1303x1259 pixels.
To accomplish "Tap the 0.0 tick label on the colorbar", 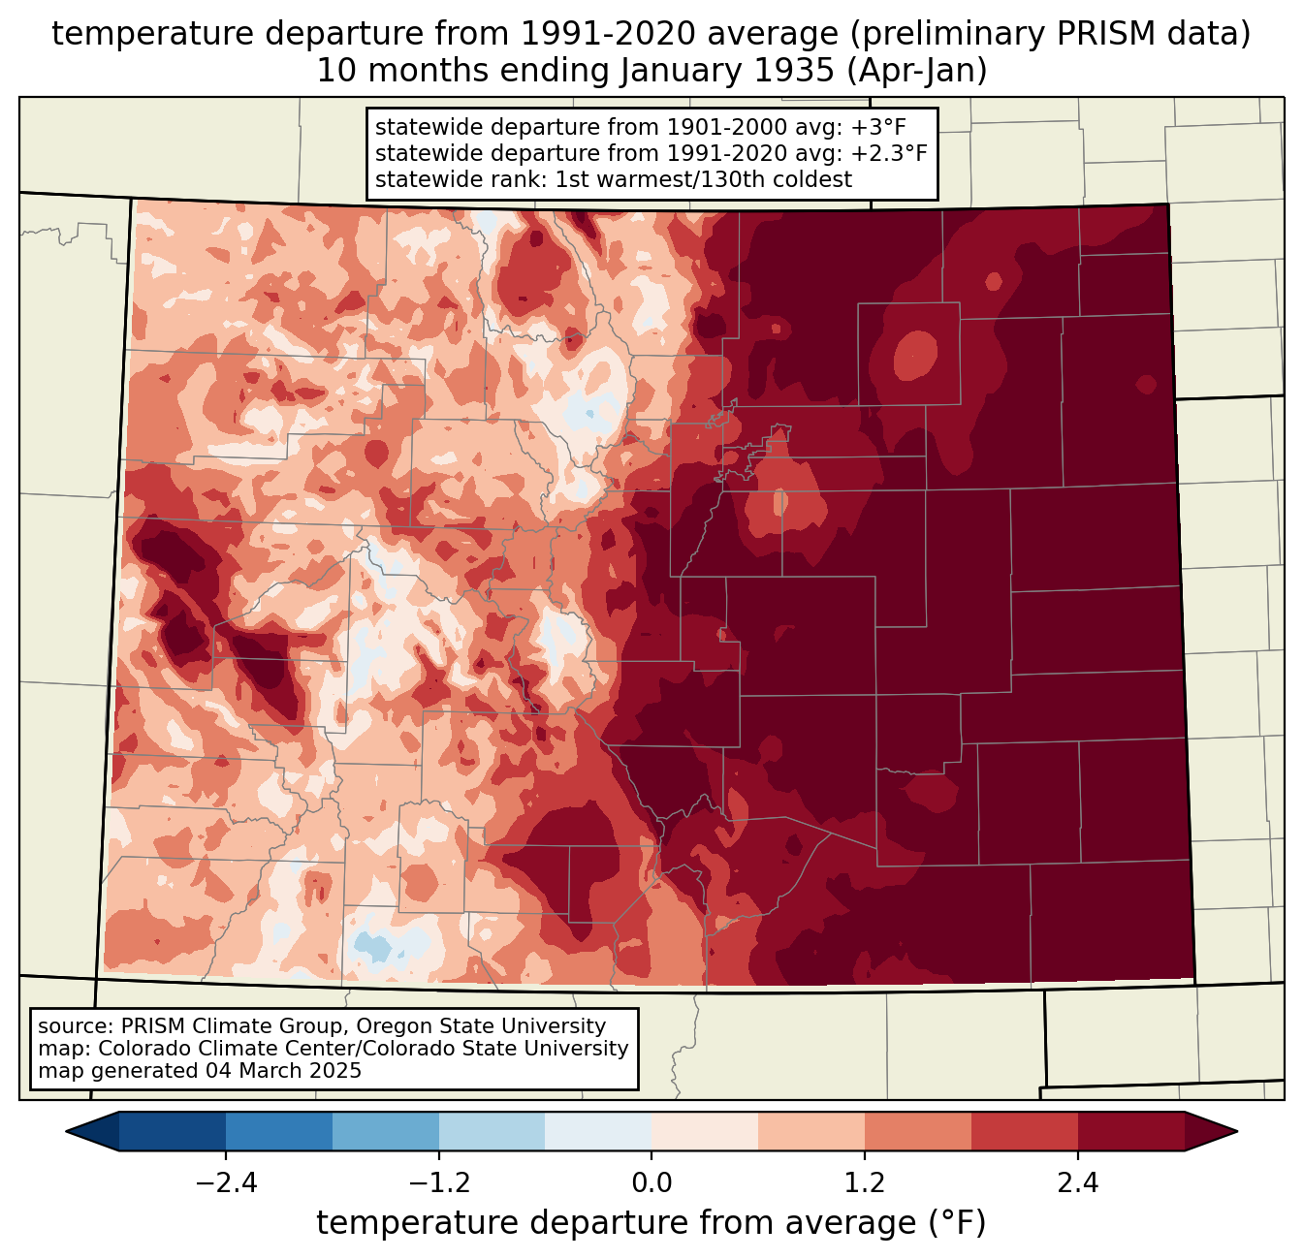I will point(651,1183).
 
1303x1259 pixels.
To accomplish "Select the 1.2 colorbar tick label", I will point(865,1183).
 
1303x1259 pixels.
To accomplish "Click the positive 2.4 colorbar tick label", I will point(1078,1183).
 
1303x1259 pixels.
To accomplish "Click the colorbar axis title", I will point(651,1223).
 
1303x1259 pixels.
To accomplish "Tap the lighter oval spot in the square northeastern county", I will point(915,355).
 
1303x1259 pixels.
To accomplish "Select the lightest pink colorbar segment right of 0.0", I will point(705,1131).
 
